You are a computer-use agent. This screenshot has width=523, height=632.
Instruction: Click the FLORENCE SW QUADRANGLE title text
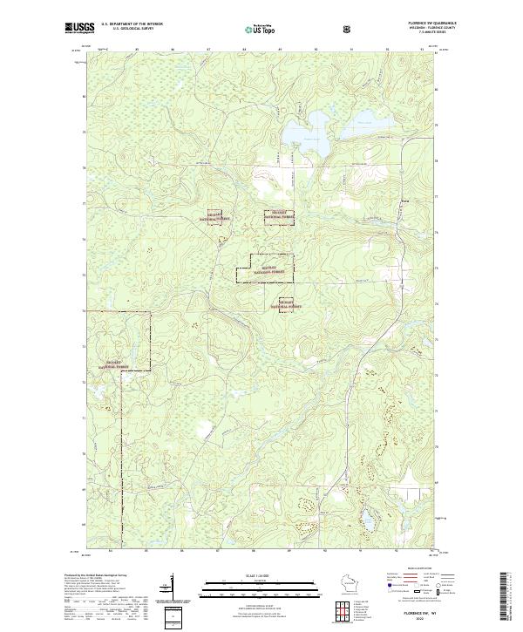417,24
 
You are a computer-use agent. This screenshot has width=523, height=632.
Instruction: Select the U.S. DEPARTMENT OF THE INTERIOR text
131,24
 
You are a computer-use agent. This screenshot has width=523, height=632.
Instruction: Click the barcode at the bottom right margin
505,596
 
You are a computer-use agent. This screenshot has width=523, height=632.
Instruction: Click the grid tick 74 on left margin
85,310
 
